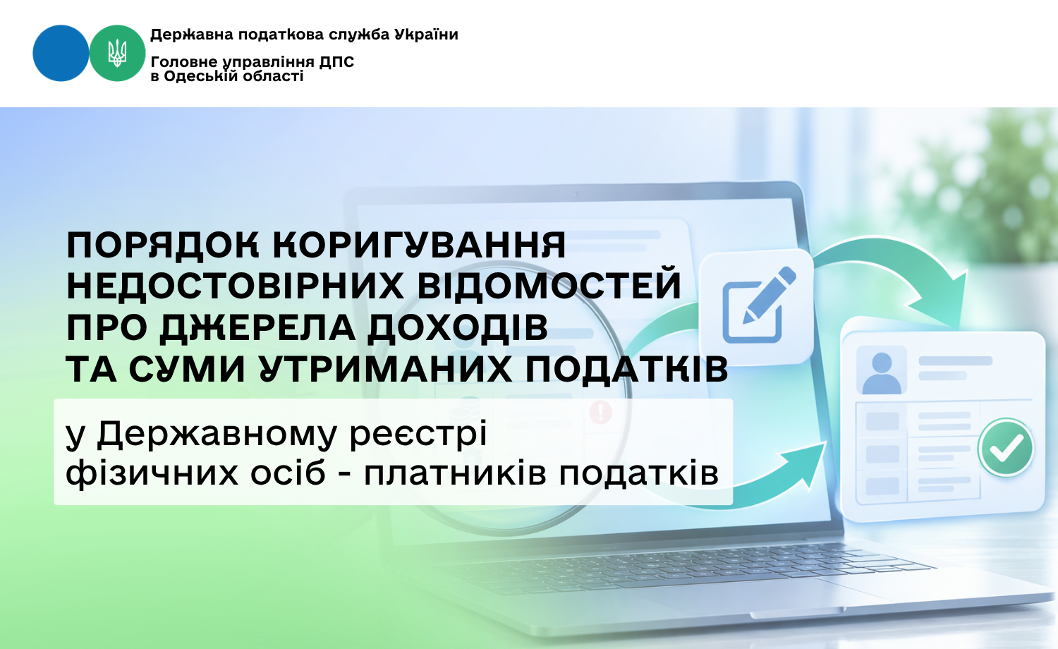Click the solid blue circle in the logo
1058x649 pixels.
(x=61, y=53)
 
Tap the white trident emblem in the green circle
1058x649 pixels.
(x=117, y=53)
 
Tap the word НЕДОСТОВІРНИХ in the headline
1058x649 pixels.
(x=235, y=285)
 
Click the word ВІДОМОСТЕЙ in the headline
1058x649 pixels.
(x=549, y=285)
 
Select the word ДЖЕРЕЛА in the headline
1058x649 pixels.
(x=257, y=327)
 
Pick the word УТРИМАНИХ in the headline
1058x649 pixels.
(x=386, y=368)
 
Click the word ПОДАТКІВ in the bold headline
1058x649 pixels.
(x=627, y=368)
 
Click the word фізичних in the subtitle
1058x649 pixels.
(x=152, y=473)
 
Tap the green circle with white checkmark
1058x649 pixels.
(x=1006, y=447)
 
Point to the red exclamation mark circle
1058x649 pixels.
(x=601, y=412)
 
